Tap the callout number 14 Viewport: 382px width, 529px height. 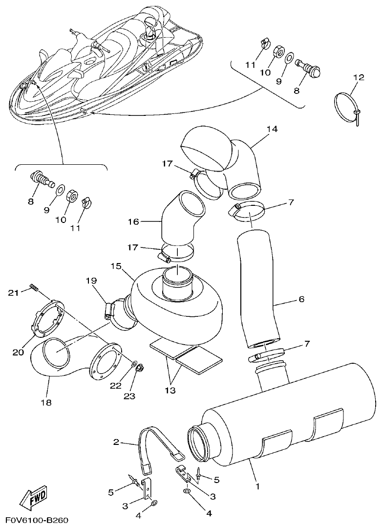(272, 129)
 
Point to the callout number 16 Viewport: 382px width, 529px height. (133, 221)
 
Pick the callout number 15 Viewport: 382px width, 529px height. (115, 266)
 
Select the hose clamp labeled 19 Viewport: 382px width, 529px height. (109, 310)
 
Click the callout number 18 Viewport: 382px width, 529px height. (47, 403)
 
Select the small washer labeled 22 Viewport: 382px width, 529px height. (133, 364)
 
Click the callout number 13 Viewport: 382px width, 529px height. (171, 391)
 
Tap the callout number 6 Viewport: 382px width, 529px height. (301, 299)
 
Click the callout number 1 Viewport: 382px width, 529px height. (257, 486)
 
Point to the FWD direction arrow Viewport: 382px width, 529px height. (33, 499)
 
